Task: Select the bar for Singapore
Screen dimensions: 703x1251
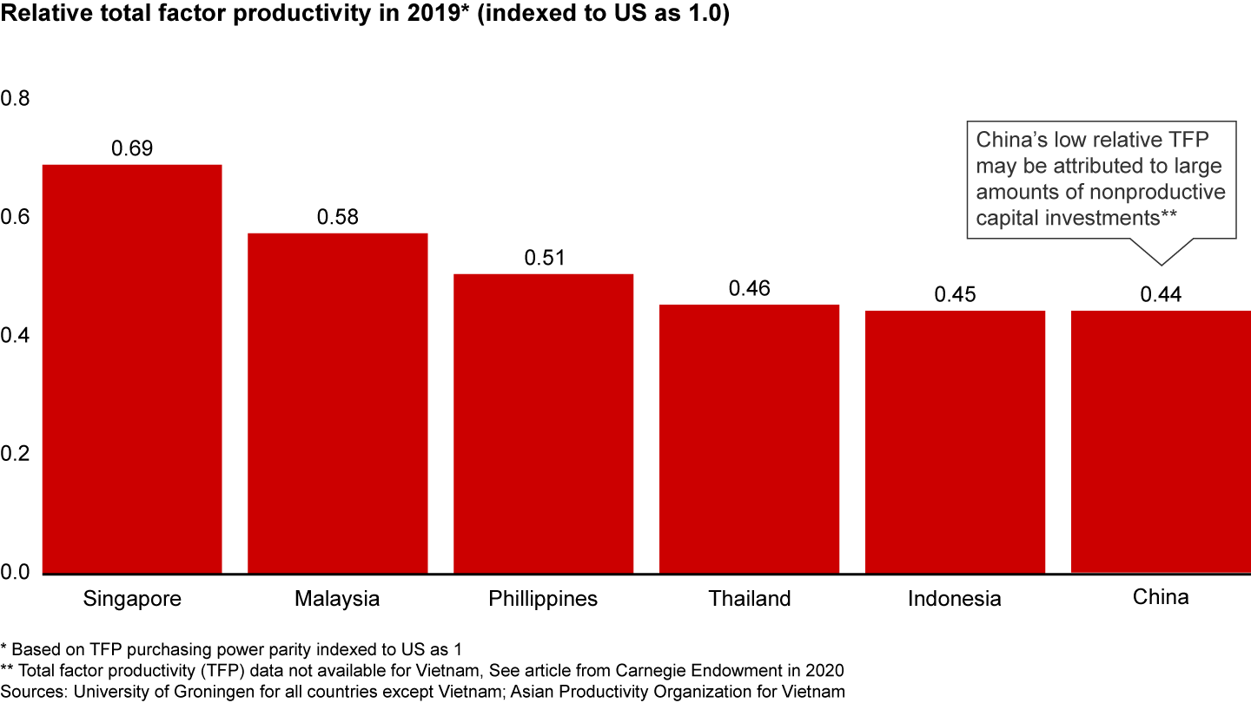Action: tap(132, 369)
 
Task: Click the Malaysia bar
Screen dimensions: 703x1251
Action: tap(337, 404)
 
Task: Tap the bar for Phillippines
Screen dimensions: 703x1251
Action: tap(543, 424)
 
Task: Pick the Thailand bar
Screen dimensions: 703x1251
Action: tap(749, 439)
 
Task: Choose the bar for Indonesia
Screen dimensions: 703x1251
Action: tap(955, 442)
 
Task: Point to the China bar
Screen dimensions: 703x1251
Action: tap(1161, 442)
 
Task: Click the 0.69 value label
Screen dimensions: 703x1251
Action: tap(132, 148)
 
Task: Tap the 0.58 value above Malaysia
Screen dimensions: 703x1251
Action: tap(337, 217)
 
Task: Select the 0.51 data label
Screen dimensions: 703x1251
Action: tap(544, 258)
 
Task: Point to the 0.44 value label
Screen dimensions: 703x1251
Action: tap(1161, 295)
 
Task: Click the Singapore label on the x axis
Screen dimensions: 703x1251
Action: tap(132, 599)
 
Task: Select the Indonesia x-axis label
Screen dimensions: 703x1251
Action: tap(955, 599)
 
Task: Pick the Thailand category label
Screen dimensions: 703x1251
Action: tap(749, 599)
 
